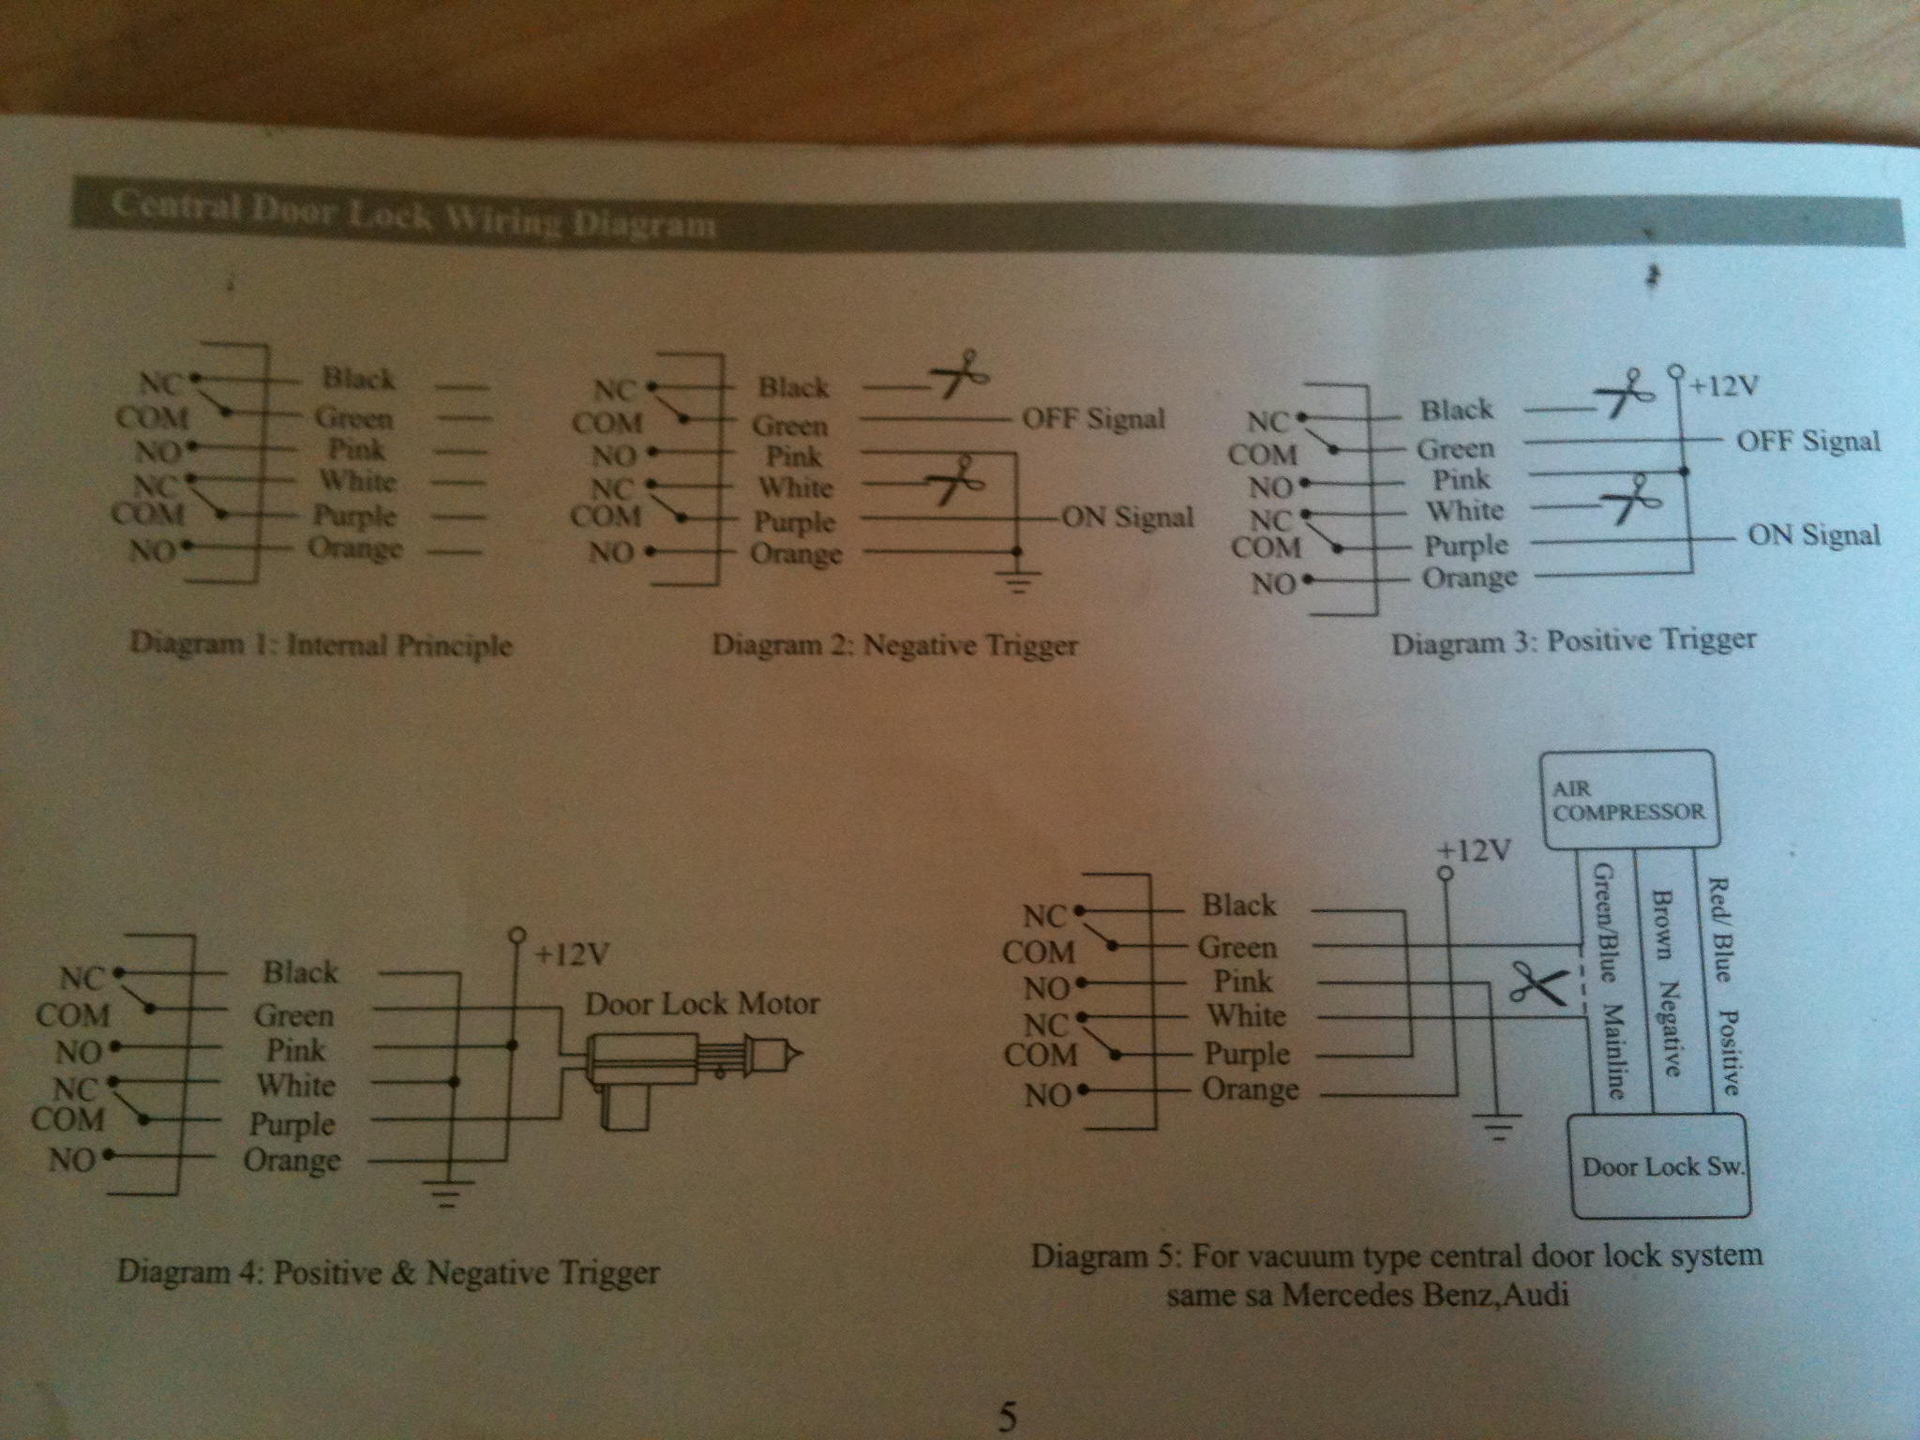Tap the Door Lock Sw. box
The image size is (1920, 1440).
[x=1660, y=1166]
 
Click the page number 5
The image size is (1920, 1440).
[x=1006, y=1417]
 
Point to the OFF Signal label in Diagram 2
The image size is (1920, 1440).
[x=1093, y=419]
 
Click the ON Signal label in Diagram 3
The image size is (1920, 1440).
[x=1814, y=535]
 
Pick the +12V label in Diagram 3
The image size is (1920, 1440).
[x=1724, y=386]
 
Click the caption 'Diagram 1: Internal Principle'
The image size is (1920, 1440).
[x=321, y=645]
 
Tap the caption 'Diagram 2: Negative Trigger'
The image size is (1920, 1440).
[x=894, y=645]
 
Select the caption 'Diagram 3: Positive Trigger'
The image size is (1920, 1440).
[x=1573, y=642]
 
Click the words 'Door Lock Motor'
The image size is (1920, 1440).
[x=702, y=1004]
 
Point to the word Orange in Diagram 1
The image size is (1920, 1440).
[x=355, y=547]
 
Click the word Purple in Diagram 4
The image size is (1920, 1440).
[x=292, y=1123]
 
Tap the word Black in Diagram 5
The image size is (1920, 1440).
[x=1238, y=905]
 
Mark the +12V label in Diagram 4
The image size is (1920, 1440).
[x=572, y=954]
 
